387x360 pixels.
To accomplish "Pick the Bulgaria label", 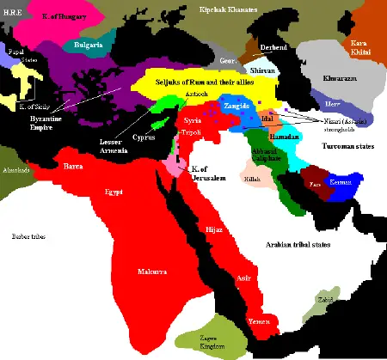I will pos(90,43).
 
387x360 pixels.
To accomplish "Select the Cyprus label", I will pos(145,137).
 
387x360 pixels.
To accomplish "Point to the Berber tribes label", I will pos(28,235).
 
